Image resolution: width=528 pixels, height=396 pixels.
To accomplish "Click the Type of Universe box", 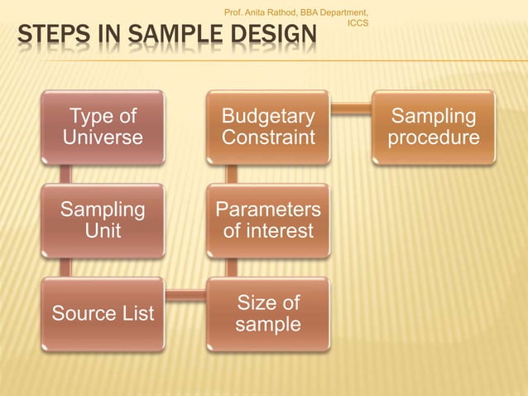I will (103, 127).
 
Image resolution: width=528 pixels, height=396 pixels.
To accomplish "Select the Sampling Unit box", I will (103, 220).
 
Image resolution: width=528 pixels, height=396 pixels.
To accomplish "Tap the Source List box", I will (103, 313).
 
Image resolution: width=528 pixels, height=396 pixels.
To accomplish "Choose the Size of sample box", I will (267, 313).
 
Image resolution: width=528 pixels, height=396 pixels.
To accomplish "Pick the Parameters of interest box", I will (267, 220).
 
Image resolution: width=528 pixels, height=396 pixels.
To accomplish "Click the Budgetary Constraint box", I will (267, 127).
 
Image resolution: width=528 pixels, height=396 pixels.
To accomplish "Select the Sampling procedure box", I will (433, 127).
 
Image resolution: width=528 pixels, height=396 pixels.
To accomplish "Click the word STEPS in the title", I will (48, 36).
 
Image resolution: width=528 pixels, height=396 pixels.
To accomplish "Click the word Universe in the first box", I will (103, 138).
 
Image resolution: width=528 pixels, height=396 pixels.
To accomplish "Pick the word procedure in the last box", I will (433, 138).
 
